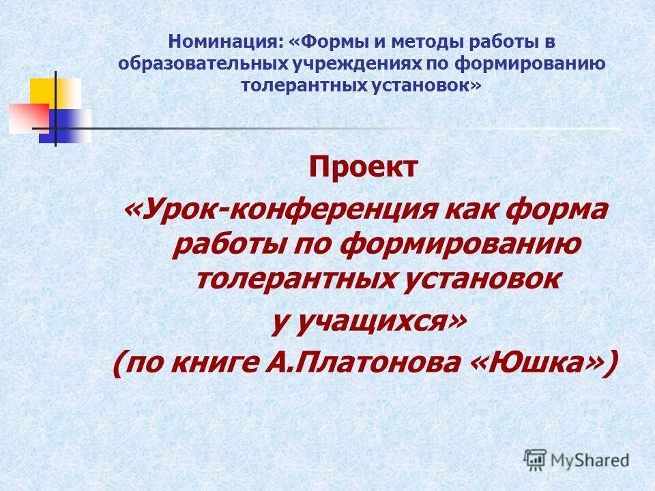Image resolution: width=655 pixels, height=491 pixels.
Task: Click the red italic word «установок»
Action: (x=478, y=279)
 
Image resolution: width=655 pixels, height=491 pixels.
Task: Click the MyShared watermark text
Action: (x=590, y=460)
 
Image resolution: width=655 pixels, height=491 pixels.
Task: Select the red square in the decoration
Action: (x=27, y=117)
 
